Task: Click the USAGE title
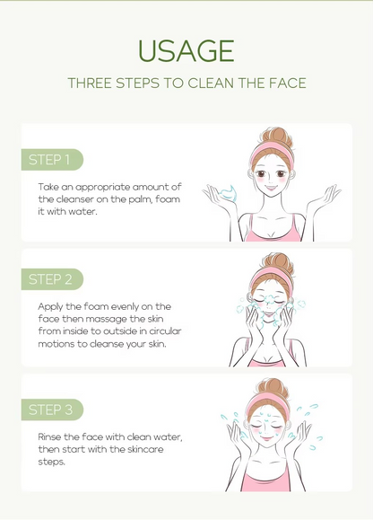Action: click(186, 51)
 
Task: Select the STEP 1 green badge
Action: click(52, 160)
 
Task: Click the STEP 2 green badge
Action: click(52, 279)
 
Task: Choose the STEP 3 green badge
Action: click(52, 410)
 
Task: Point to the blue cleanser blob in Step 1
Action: click(229, 193)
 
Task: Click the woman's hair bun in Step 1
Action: click(277, 137)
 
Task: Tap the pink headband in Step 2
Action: click(271, 278)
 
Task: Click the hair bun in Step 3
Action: click(273, 387)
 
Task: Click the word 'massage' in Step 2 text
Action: click(106, 319)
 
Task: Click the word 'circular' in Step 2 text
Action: click(165, 331)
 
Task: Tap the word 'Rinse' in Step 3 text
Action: click(49, 436)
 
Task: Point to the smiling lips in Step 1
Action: click(271, 188)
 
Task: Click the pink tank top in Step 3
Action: click(266, 478)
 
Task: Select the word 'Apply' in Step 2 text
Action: click(50, 307)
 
